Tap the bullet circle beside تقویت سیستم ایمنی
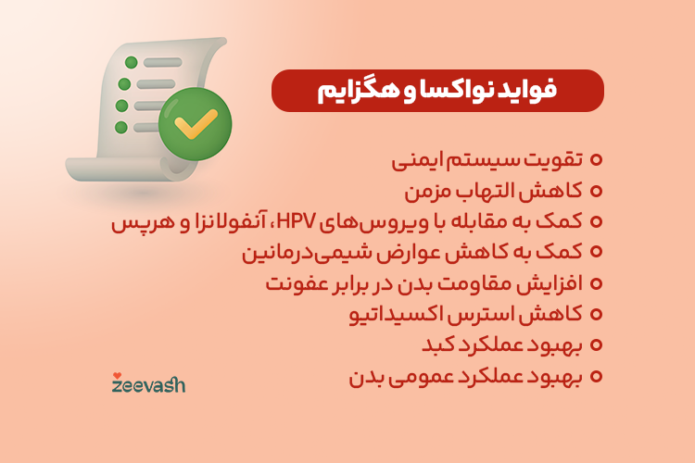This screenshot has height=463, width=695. [x=596, y=160]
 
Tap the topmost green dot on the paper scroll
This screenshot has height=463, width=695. [x=131, y=62]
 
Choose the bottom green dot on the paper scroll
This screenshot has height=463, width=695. [x=120, y=127]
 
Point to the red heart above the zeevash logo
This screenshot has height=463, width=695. [x=116, y=375]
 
